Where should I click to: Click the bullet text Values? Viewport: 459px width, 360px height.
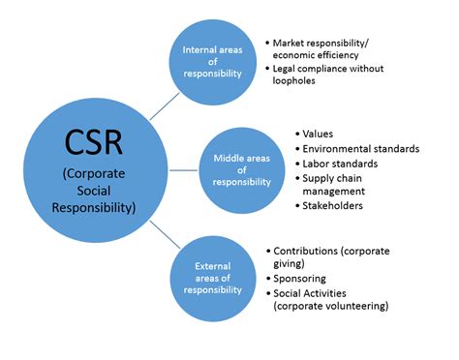(x=319, y=133)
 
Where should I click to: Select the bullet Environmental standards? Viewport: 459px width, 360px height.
(x=360, y=148)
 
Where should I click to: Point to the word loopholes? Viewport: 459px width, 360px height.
(x=299, y=80)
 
